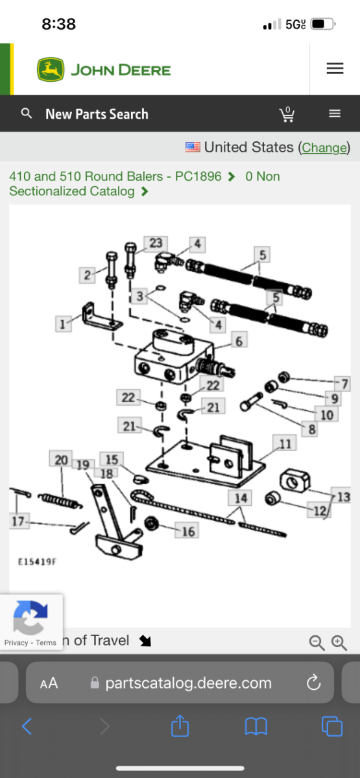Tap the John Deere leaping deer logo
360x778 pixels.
click(51, 69)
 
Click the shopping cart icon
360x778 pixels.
click(287, 114)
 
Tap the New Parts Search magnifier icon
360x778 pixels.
click(27, 113)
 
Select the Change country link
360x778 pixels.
click(324, 148)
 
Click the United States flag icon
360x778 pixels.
click(193, 147)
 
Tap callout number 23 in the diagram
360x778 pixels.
click(156, 243)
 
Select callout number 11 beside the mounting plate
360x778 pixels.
click(285, 444)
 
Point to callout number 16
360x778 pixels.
click(188, 532)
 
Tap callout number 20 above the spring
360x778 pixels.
click(62, 460)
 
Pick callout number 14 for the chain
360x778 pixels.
click(241, 498)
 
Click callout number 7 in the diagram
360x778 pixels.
click(345, 384)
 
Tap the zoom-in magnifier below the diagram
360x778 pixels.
click(339, 642)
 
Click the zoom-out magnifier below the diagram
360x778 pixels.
click(317, 642)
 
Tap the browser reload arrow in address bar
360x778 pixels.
click(313, 682)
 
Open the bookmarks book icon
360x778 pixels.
click(256, 726)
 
